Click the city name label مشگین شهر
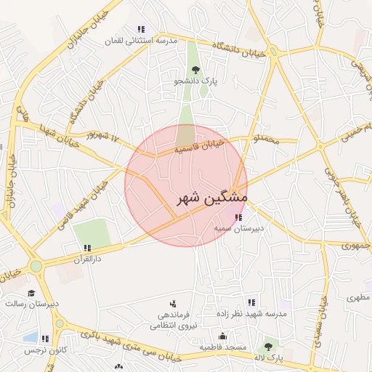(211, 198)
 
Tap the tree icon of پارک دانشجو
(195, 70)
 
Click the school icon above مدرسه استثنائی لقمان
(140, 30)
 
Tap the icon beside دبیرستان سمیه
(238, 217)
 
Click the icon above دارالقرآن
(87, 248)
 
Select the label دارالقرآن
(87, 259)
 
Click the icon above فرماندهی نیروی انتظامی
(173, 304)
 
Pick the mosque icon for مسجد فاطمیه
(222, 336)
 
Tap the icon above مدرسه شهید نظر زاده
(251, 302)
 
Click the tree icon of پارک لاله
(269, 347)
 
